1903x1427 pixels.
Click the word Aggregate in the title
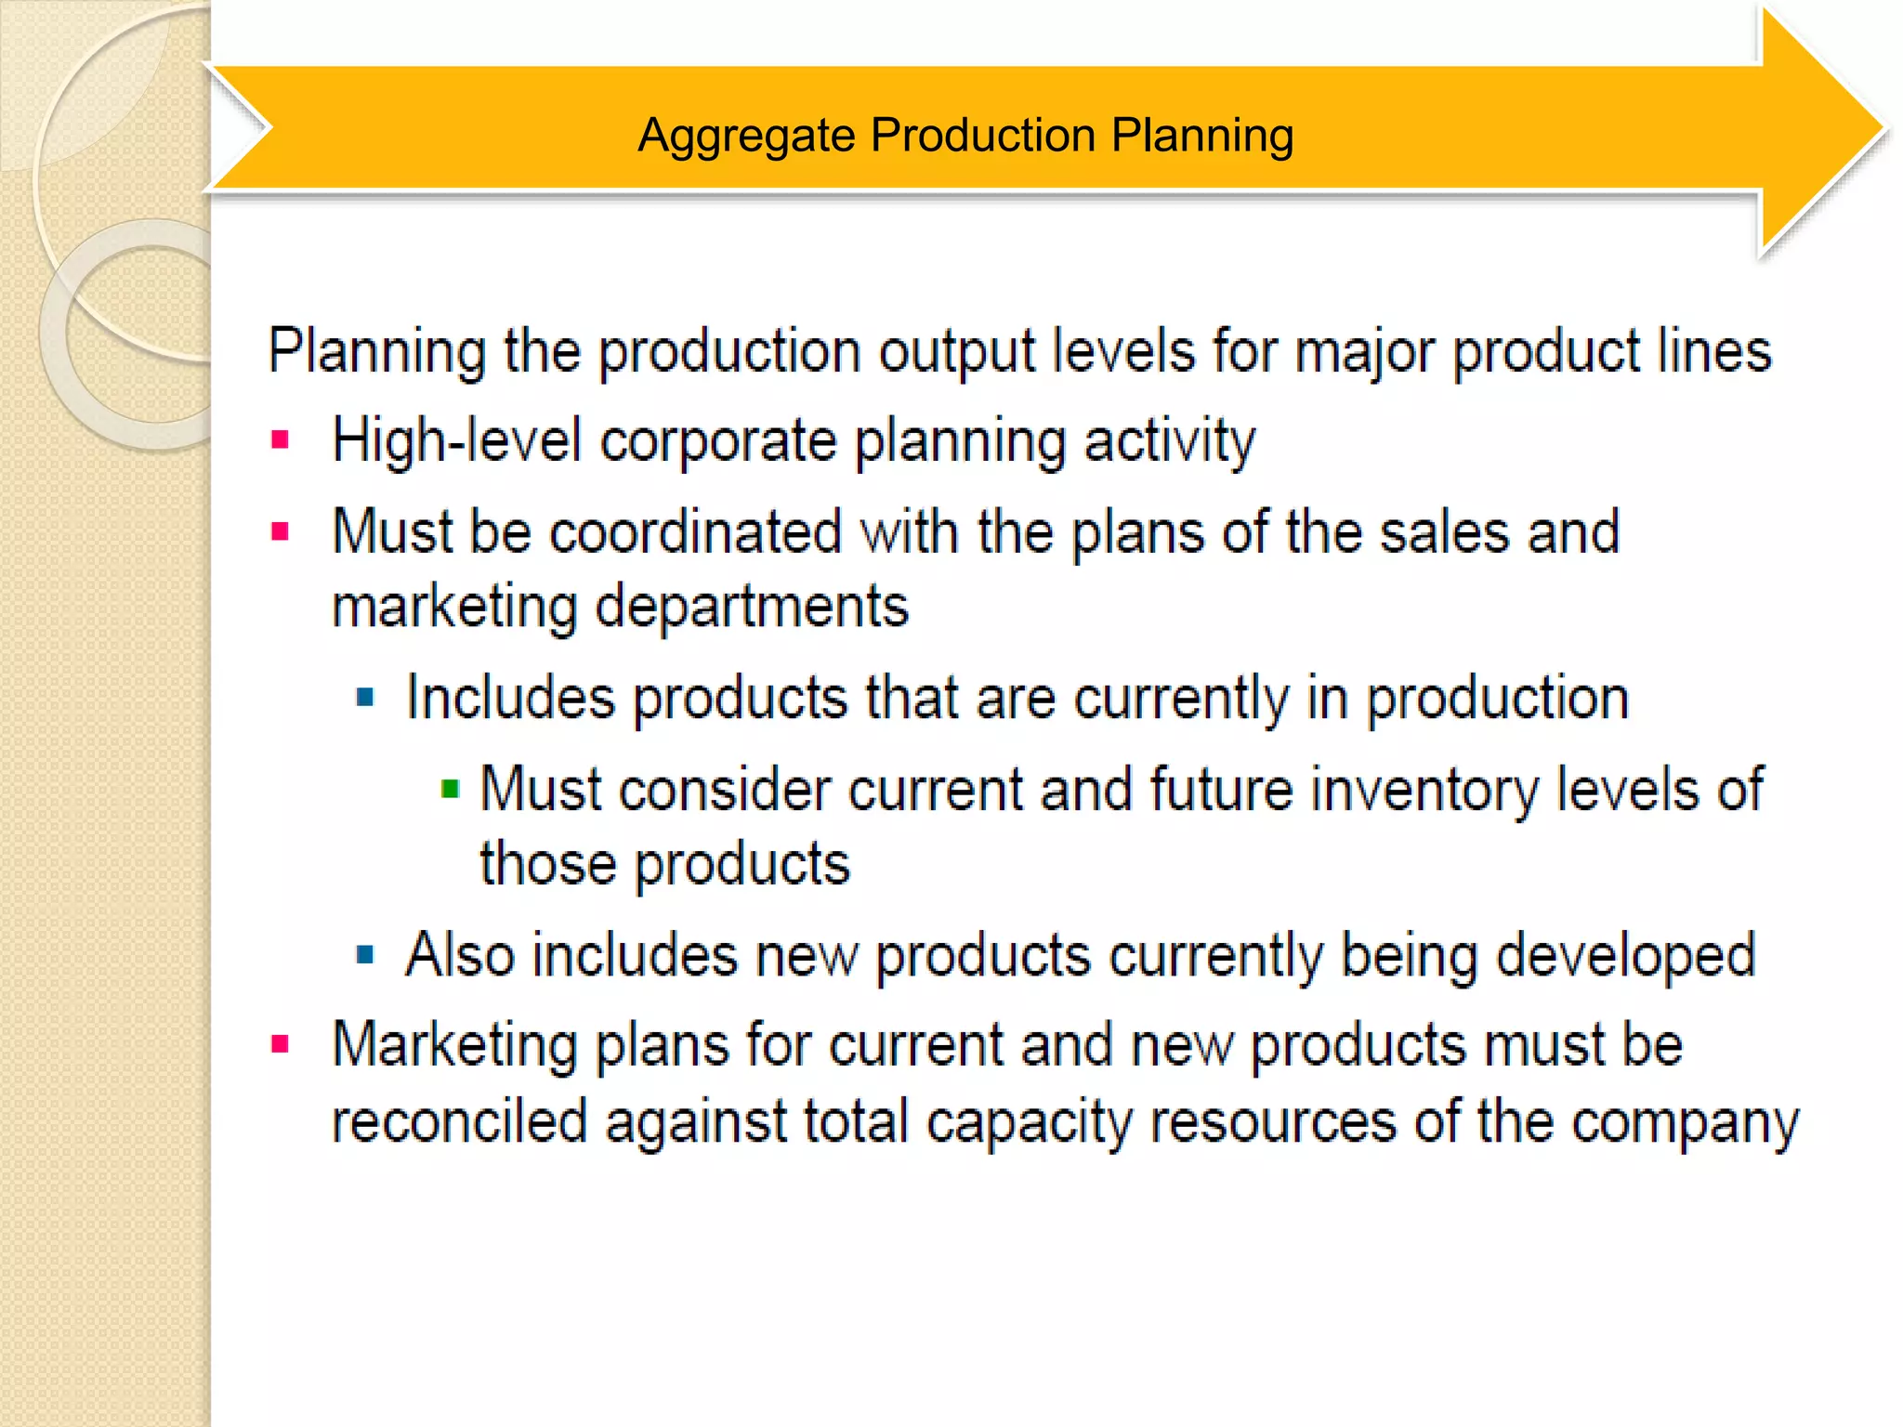coord(746,136)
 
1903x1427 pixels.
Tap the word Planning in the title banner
coord(1201,136)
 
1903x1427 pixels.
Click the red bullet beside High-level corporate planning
coord(280,439)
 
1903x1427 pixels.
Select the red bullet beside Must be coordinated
coord(280,531)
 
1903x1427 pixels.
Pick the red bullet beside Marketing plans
coord(280,1044)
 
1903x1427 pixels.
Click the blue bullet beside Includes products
coord(365,697)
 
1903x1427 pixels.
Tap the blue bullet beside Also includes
coord(365,954)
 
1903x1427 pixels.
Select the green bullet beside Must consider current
coord(451,790)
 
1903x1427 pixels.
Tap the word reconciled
coord(460,1120)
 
